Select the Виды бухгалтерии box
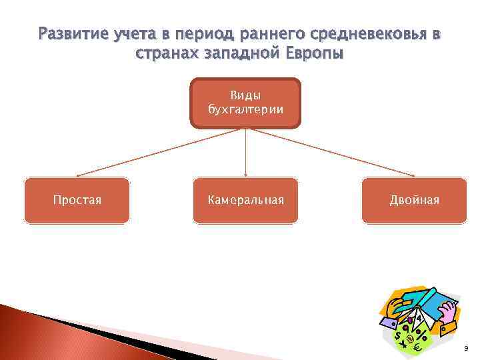point(245,103)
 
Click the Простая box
point(77,200)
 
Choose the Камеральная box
point(245,200)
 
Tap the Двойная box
point(414,200)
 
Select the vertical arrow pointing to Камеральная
point(246,153)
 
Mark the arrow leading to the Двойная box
point(333,153)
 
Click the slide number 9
point(465,349)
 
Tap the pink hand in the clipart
point(448,310)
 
